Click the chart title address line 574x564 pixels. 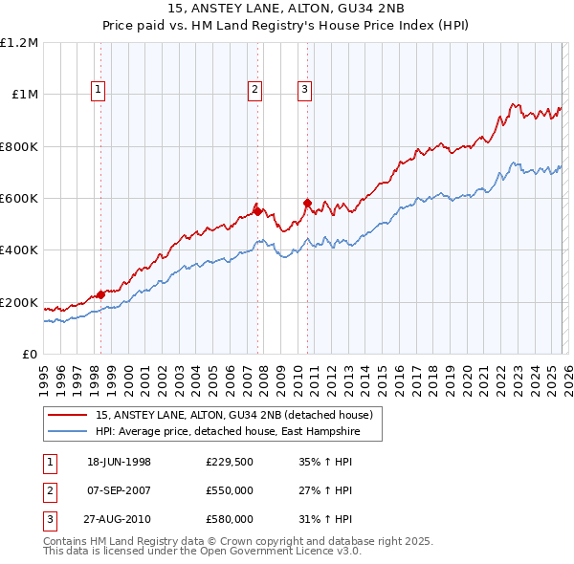tap(286, 11)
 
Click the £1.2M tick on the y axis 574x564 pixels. tap(20, 43)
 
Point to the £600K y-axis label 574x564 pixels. tap(19, 199)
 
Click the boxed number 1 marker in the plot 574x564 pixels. tap(100, 91)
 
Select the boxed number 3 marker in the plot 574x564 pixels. tap(305, 91)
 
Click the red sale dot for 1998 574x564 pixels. tap(101, 294)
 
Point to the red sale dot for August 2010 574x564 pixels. tap(307, 204)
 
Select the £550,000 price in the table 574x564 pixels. tap(230, 490)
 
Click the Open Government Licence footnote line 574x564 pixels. tap(202, 552)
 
